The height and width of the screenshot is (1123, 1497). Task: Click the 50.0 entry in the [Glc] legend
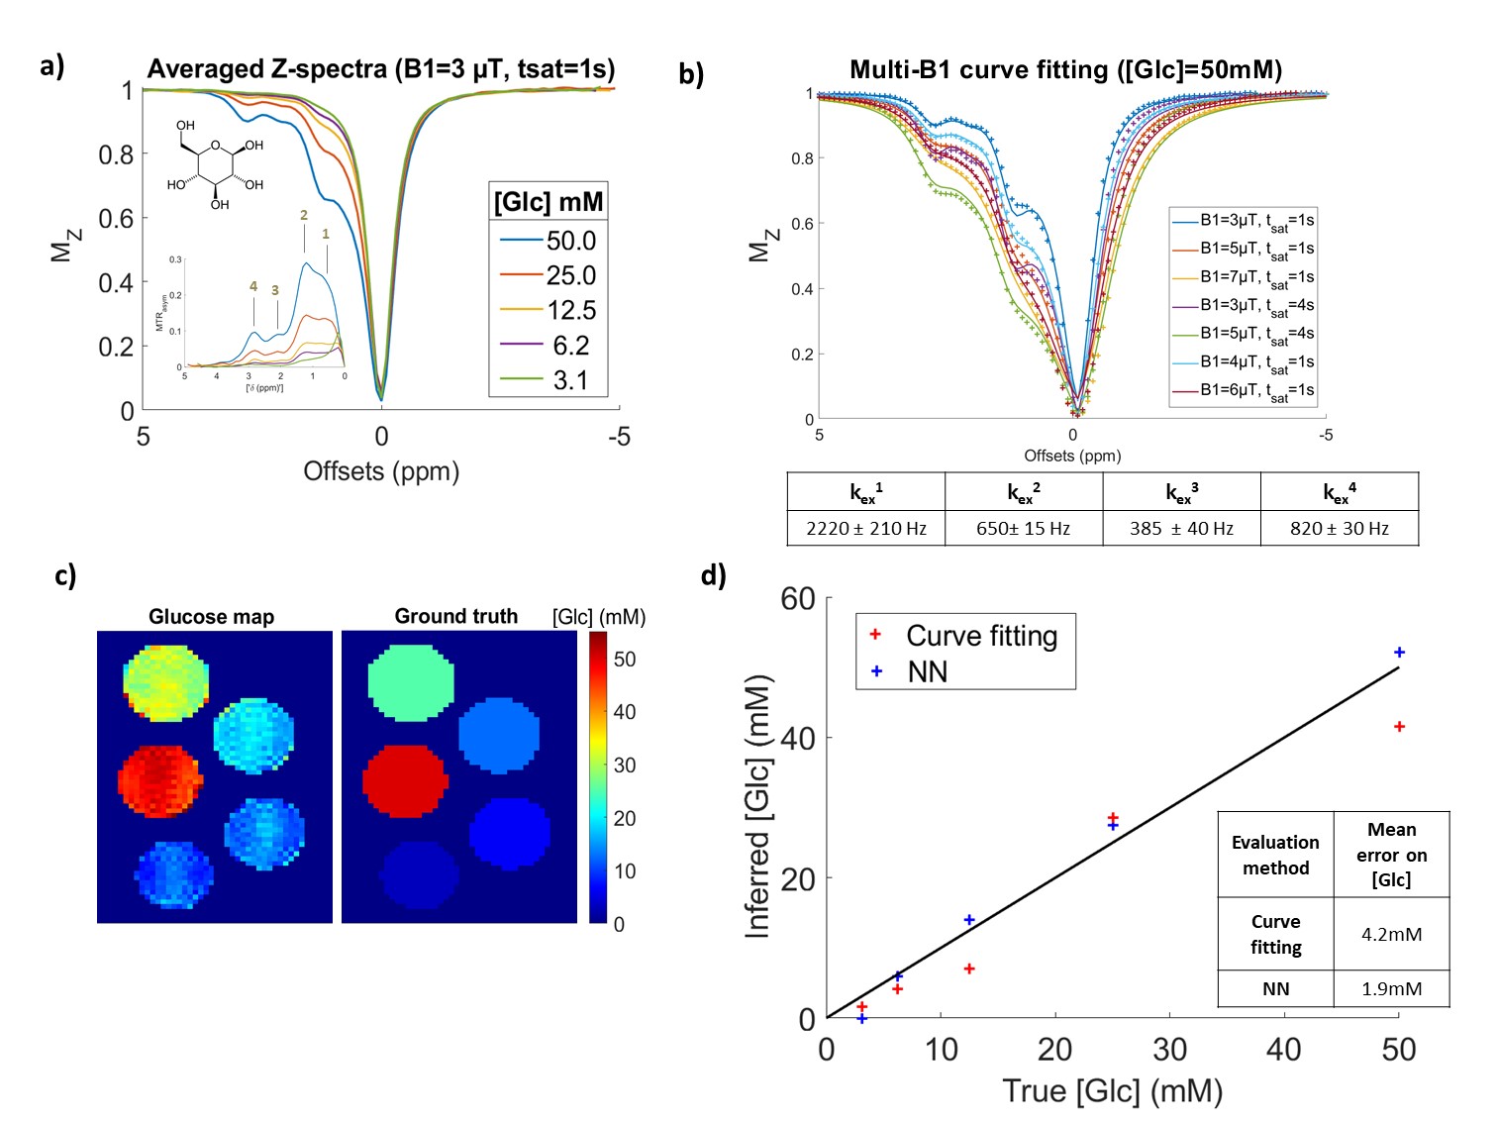(x=570, y=241)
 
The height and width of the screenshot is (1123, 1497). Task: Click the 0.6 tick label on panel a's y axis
(x=116, y=219)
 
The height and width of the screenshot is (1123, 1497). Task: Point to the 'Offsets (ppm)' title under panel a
(x=381, y=471)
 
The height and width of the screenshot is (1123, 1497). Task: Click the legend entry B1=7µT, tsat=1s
(x=1256, y=277)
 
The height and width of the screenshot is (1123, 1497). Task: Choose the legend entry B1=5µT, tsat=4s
(x=1256, y=334)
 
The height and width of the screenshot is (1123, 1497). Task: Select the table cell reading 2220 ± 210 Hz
(x=866, y=529)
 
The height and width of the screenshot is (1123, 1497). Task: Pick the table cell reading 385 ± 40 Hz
(x=1181, y=529)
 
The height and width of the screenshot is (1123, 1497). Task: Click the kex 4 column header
(x=1339, y=492)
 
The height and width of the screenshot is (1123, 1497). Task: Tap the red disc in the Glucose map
(x=159, y=780)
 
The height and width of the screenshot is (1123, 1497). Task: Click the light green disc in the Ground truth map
(x=411, y=682)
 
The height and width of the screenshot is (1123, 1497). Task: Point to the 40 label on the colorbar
(x=625, y=712)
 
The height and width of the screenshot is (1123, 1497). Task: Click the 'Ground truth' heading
(x=456, y=616)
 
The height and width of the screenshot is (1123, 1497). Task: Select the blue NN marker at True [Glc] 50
(x=1399, y=653)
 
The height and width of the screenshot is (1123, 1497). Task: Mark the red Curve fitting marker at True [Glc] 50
(x=1399, y=727)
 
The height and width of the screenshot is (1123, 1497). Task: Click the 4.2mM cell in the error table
(x=1391, y=934)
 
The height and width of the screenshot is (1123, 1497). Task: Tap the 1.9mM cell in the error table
(x=1391, y=988)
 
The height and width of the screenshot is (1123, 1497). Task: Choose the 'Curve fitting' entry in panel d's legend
(x=981, y=636)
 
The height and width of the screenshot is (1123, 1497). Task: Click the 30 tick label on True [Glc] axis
(x=1169, y=1050)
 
